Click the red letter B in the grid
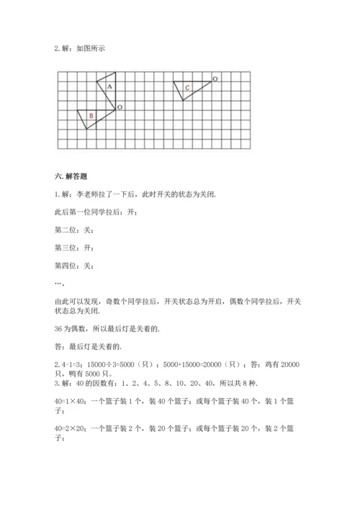click(91, 115)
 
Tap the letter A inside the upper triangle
click(109, 86)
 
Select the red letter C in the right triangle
click(186, 88)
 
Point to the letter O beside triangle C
click(215, 77)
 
